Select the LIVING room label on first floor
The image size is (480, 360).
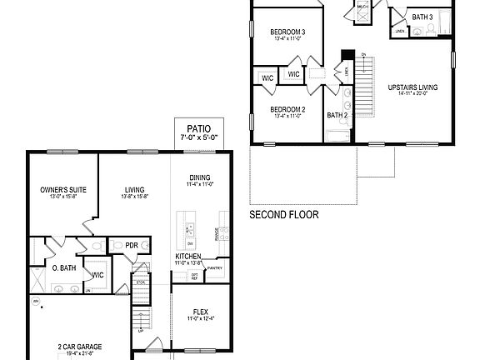click(x=135, y=190)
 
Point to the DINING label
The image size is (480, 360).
click(x=200, y=177)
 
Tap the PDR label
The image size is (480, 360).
click(x=132, y=245)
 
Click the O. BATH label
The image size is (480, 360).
click(x=66, y=267)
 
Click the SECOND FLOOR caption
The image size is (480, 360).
click(x=284, y=214)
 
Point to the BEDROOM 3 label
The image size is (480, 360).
click(x=287, y=32)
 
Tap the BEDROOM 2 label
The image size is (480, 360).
click(x=287, y=109)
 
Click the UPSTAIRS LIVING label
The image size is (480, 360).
click(x=412, y=87)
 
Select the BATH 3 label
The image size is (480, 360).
click(x=422, y=17)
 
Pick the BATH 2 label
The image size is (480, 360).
click(x=337, y=115)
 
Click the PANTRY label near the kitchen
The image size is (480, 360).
click(x=214, y=268)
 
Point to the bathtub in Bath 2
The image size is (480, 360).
click(x=337, y=135)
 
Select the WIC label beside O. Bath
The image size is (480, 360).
click(x=97, y=274)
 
